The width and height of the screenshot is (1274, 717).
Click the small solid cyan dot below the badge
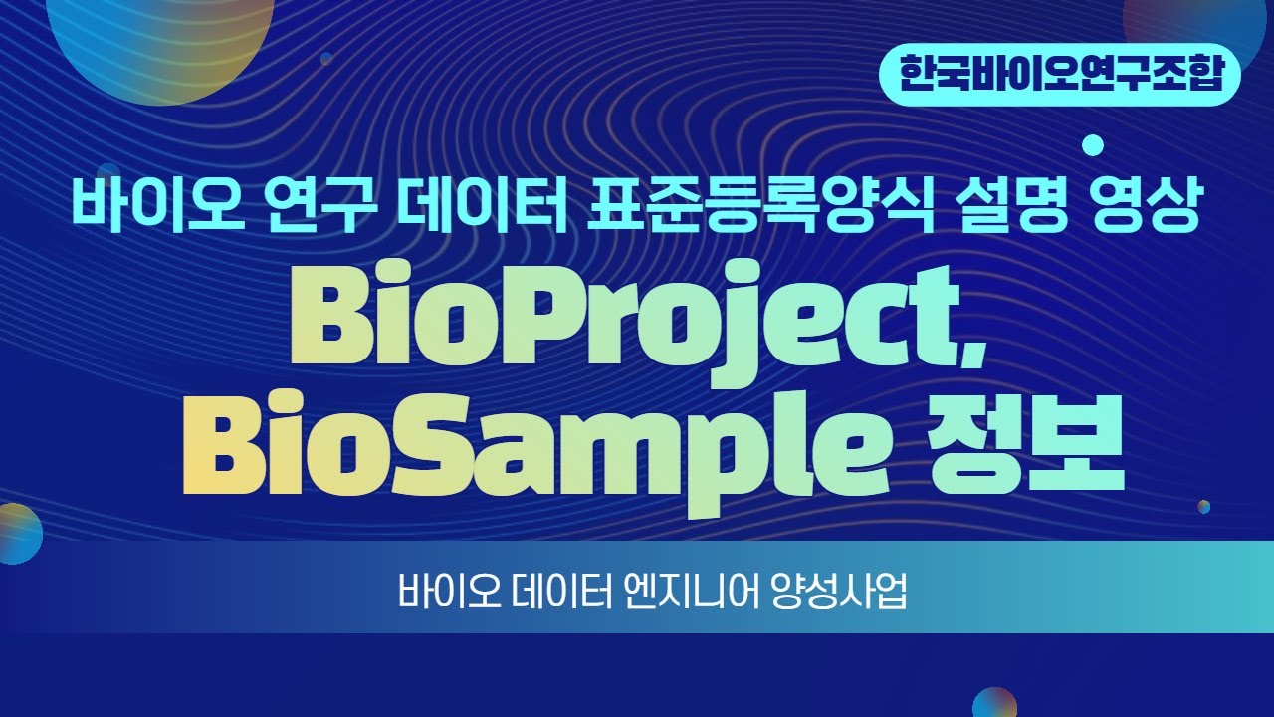point(1093,146)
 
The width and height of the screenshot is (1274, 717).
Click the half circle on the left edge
point(17,534)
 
